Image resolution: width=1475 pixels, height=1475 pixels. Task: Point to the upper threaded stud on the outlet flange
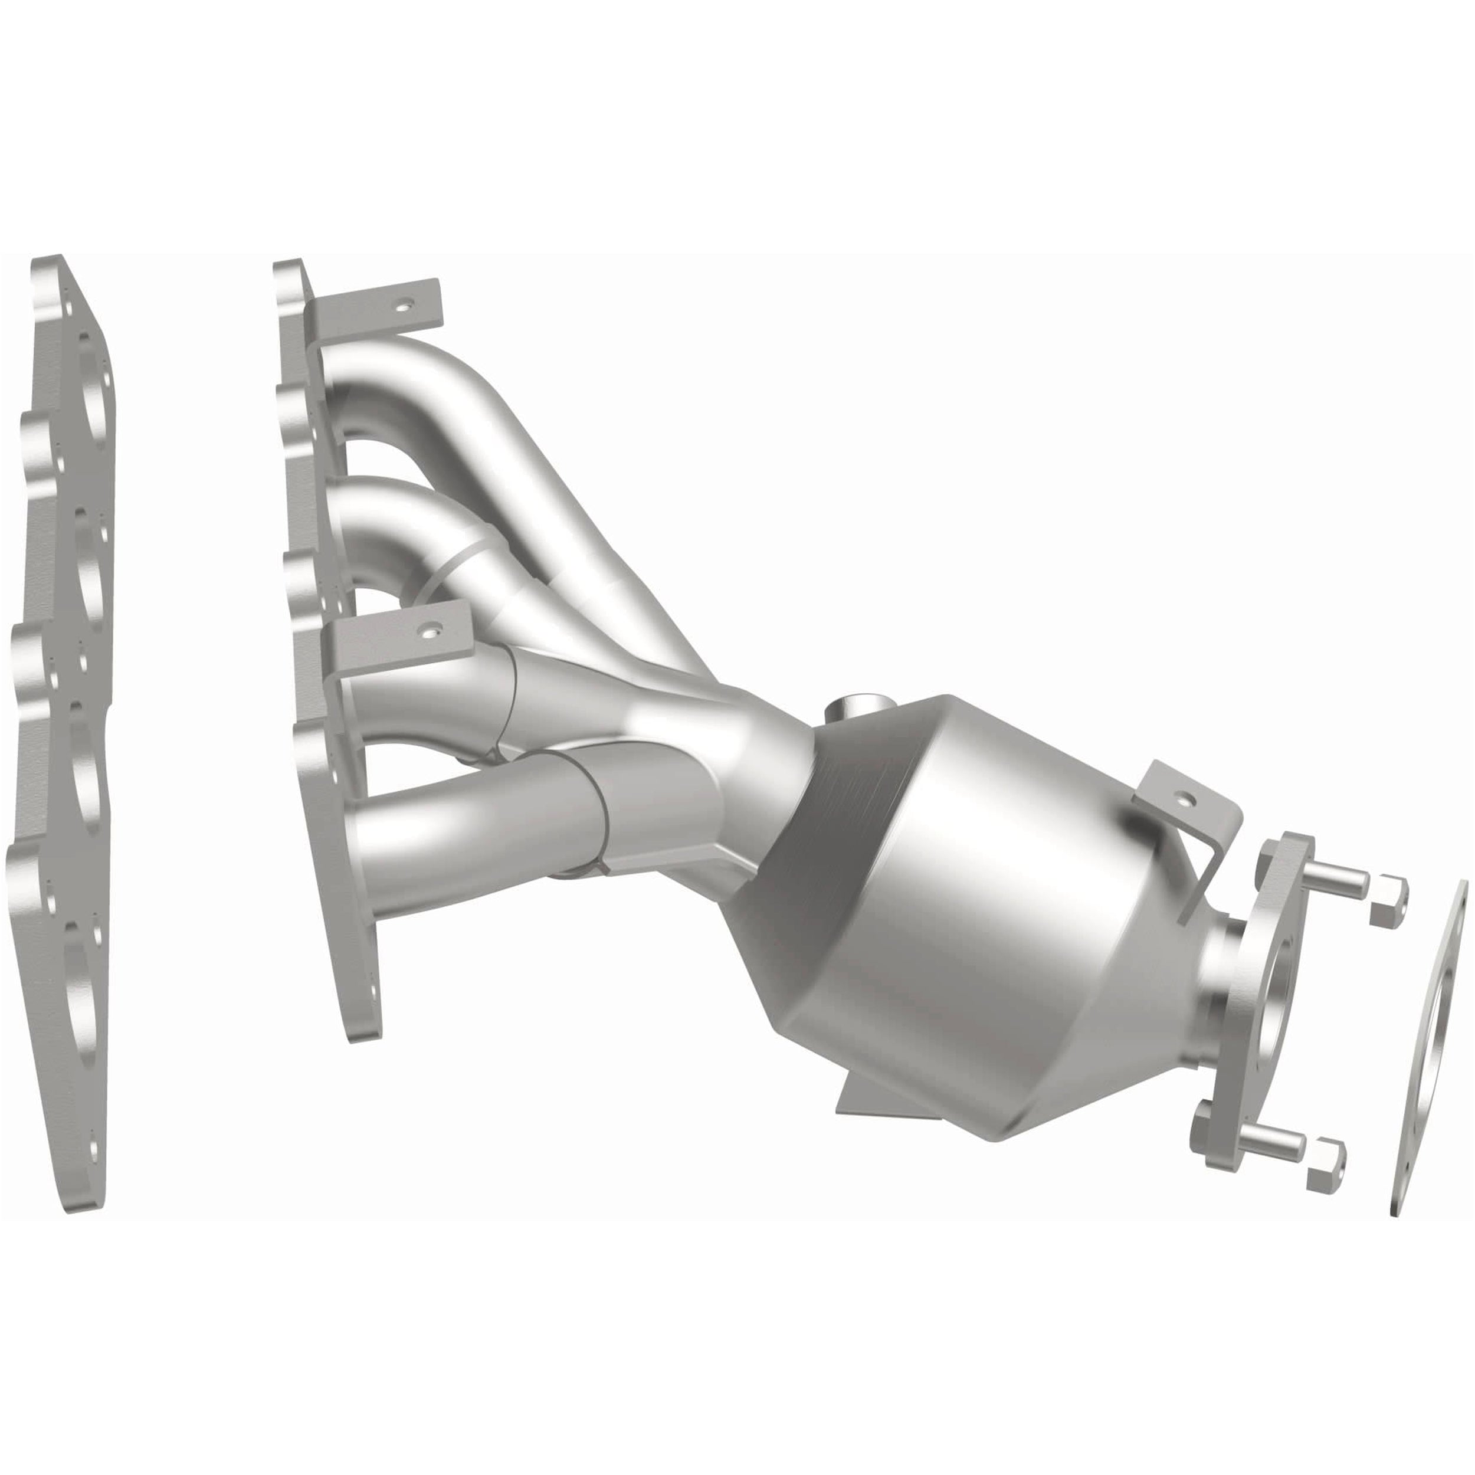1332,887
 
